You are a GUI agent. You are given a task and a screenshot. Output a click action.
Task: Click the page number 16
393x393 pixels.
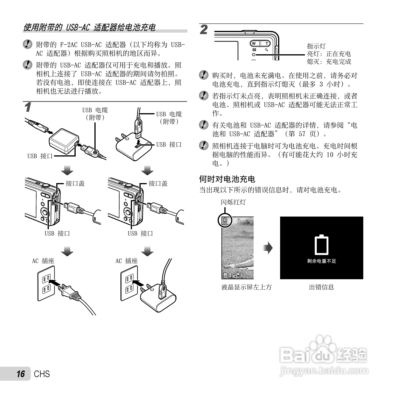pos(21,374)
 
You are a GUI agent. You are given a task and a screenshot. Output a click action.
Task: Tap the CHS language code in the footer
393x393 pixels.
pos(42,374)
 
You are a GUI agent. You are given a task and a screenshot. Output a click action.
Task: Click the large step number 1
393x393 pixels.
pos(27,107)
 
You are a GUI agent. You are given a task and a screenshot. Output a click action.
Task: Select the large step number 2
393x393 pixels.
pos(204,30)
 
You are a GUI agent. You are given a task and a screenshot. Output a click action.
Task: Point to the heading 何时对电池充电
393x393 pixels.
pos(227,179)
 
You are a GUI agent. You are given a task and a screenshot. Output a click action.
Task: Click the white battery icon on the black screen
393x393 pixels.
pos(321,245)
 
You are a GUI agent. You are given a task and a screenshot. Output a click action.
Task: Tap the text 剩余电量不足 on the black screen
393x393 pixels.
pos(321,261)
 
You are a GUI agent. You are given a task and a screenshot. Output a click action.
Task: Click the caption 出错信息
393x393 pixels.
pos(321,287)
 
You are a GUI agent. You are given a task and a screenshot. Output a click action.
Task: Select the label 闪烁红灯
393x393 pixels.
pos(233,202)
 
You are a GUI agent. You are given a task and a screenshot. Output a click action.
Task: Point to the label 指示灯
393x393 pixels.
pos(316,46)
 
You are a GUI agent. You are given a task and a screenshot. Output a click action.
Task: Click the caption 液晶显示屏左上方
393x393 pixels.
pos(246,287)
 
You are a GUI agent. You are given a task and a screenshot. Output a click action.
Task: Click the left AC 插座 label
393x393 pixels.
pos(43,261)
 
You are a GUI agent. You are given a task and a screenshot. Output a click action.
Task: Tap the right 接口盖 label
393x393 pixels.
pos(158,183)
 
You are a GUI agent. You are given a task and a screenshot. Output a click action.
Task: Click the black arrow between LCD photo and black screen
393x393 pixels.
pos(268,247)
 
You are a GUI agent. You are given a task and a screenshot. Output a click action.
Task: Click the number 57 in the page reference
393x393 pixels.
pos(302,134)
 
